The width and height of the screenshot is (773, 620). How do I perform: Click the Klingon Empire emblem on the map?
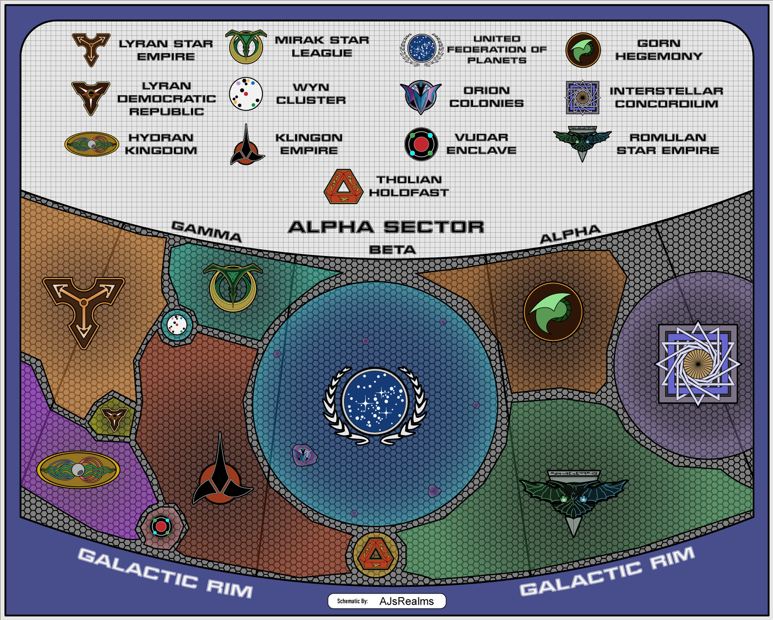221,475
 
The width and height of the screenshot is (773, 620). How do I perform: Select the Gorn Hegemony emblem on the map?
553,312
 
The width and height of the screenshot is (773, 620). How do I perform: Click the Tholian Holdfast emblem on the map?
376,554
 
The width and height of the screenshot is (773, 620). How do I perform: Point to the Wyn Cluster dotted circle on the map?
177,325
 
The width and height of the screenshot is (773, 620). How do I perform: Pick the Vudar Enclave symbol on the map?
161,526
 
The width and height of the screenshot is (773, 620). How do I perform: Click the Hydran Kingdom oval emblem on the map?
78,469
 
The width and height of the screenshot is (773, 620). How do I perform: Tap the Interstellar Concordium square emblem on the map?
697,364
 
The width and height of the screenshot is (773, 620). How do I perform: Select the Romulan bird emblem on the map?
573,498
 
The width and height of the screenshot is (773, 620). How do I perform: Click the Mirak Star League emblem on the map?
233,287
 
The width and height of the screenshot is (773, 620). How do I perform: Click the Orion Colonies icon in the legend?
421,97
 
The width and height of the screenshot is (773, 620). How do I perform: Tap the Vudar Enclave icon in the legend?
421,144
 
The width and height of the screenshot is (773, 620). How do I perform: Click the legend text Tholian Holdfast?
408,186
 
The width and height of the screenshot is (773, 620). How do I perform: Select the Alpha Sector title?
386,227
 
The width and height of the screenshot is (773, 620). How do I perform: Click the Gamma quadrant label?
206,231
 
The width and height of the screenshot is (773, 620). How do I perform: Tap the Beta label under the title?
392,250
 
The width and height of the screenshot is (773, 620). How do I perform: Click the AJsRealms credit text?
406,601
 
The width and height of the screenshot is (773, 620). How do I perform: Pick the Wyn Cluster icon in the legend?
245,94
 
